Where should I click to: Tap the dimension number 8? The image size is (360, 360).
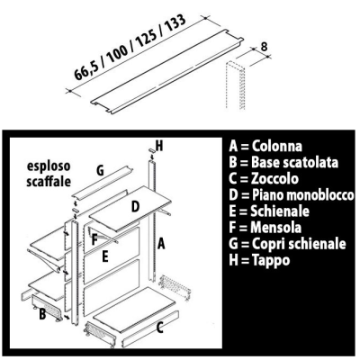point(264,47)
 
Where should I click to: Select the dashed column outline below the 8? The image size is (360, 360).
point(235,85)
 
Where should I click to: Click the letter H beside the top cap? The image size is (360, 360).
point(159,146)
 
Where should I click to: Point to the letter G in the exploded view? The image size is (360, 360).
point(100,171)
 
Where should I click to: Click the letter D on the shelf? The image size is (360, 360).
point(135,207)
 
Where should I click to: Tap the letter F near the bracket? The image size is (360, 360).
point(94,240)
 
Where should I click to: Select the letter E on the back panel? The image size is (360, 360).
point(104,257)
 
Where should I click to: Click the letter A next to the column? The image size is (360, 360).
point(161,243)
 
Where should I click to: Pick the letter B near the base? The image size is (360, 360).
point(42,314)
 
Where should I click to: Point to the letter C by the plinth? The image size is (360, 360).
point(160,328)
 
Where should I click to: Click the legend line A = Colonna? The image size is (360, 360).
point(265,146)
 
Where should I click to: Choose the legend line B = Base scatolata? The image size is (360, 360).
point(283,162)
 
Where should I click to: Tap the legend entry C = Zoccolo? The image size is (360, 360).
point(264,178)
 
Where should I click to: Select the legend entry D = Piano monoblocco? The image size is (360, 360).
point(292,195)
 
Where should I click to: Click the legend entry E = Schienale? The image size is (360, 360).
point(269,211)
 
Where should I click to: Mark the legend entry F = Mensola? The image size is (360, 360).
point(265,228)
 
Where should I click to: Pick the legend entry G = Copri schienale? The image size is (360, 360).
point(287,244)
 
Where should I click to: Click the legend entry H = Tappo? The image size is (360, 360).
point(259,260)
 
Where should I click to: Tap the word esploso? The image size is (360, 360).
point(49,166)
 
